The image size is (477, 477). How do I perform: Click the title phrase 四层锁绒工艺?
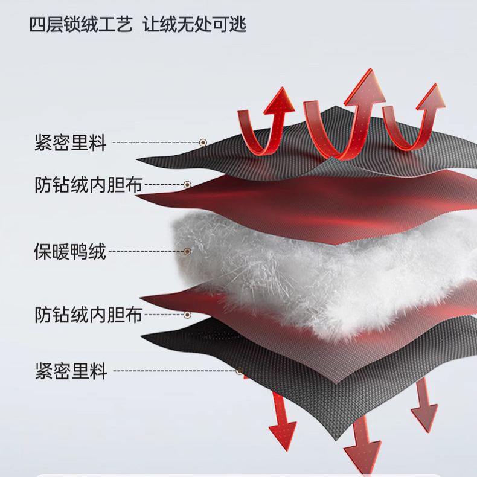(80, 25)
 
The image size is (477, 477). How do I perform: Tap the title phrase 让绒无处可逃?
(194, 25)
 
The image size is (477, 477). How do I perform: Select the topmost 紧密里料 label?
(71, 144)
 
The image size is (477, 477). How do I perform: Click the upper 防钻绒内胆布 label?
(88, 185)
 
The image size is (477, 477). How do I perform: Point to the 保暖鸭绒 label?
(70, 251)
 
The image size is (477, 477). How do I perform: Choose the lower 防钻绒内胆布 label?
(88, 315)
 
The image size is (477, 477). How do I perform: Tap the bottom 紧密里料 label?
(71, 371)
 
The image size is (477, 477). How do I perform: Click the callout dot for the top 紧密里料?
(203, 143)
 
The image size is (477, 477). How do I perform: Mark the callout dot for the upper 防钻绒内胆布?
(187, 184)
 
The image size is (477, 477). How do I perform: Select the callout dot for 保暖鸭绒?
(187, 251)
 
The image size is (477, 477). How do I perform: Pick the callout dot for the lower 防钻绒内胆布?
(187, 315)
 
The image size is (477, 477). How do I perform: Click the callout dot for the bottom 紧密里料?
(239, 371)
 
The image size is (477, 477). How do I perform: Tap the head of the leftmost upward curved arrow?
(280, 101)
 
